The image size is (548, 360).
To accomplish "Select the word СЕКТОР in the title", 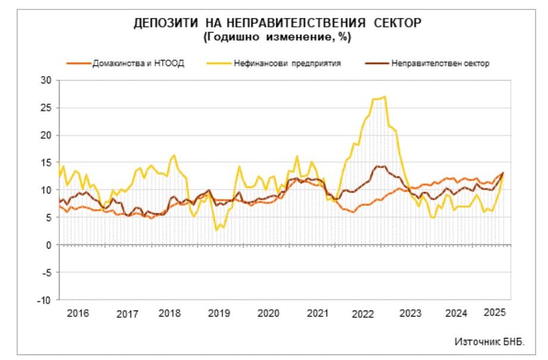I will coord(392,24).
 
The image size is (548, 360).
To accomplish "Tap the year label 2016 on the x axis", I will coord(77,313).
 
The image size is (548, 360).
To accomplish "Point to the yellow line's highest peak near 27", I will coord(385,97).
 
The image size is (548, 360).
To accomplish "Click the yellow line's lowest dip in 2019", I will coord(217,229).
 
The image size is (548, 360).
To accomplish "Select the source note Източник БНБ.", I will coord(489,342).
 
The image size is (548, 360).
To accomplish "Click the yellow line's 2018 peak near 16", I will coord(175,156).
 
